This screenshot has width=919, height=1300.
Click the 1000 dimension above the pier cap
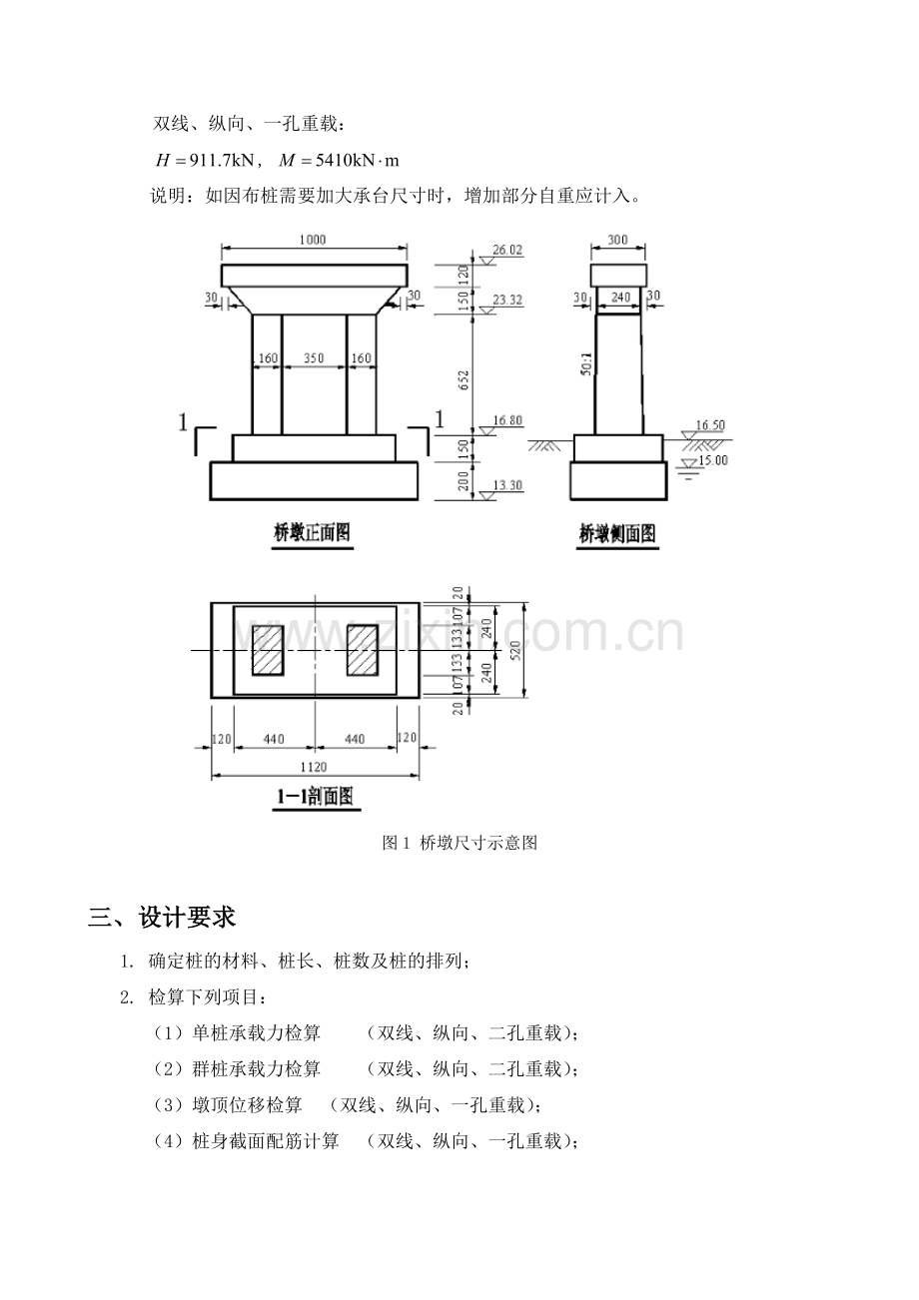tap(313, 240)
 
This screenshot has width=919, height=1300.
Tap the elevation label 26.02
tap(507, 251)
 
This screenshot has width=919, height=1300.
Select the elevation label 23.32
tap(507, 301)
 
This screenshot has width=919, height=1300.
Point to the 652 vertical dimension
tap(463, 380)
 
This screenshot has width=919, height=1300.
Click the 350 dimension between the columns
tap(314, 358)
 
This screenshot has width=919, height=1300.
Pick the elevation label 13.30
tap(507, 485)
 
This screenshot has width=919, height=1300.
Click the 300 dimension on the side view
tap(617, 240)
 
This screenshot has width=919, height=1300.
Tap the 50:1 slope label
tap(587, 363)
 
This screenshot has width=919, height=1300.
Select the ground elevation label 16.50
tap(710, 425)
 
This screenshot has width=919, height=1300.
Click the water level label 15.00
tap(713, 460)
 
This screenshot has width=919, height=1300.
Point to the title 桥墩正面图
tap(313, 533)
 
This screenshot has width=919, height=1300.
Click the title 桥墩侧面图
tap(617, 534)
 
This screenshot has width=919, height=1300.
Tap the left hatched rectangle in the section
tap(268, 651)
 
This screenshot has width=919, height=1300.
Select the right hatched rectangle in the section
tap(363, 651)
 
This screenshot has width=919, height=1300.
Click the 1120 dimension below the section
tap(314, 767)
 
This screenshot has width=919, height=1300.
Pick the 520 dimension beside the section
tap(516, 650)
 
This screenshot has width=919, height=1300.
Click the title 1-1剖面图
tap(316, 796)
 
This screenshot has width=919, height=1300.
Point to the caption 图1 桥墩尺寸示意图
tap(459, 843)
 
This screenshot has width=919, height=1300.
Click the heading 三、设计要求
tap(162, 918)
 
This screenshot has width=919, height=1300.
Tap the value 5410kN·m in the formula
tap(357, 160)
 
